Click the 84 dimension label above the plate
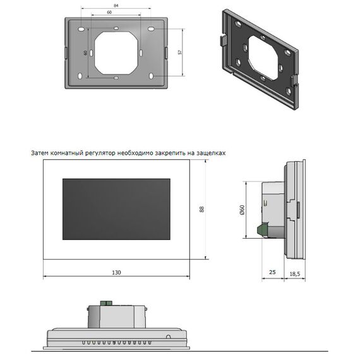(116, 5)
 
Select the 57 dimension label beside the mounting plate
(180, 52)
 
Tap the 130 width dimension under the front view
(116, 272)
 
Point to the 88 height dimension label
(202, 209)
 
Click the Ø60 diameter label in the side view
(242, 210)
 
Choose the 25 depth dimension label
(272, 272)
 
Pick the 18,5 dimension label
(295, 273)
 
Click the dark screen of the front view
(116, 209)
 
